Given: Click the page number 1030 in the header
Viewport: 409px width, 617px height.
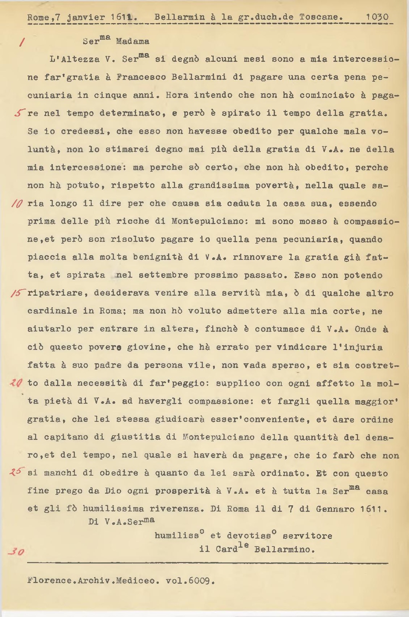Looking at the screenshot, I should click(377, 17).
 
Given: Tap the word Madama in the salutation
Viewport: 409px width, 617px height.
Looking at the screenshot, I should click(133, 42).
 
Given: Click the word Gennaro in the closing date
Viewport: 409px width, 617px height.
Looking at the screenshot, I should click(335, 509).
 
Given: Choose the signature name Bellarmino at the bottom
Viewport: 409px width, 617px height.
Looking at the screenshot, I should click(284, 550).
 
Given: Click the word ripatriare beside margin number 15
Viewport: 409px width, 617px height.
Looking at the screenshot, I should click(55, 293).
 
